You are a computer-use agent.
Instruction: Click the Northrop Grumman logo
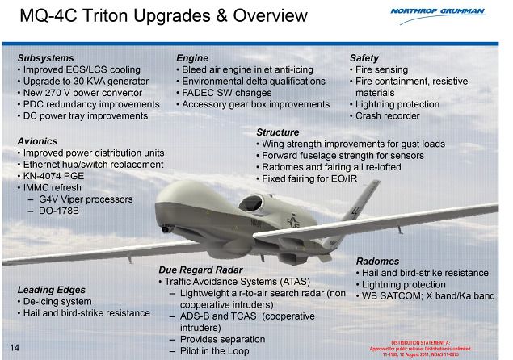click(439, 15)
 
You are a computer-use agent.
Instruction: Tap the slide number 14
click(15, 348)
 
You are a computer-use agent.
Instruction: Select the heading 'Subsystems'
click(46, 58)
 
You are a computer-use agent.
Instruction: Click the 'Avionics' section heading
click(37, 141)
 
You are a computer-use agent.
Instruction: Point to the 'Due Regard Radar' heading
click(200, 270)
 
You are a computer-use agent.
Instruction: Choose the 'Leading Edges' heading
click(52, 290)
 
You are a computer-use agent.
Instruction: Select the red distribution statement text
click(421, 349)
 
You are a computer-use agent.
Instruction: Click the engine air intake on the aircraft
click(250, 203)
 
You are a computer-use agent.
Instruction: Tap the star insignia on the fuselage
click(293, 221)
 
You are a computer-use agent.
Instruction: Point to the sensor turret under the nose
click(167, 228)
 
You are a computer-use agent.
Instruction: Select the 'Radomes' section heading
click(377, 262)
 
